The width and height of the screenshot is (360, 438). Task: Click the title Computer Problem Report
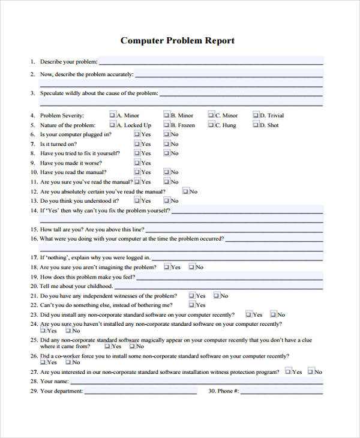[x=178, y=41]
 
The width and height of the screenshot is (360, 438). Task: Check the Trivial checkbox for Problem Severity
[x=256, y=115]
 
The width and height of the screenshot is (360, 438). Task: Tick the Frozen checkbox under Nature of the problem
[x=166, y=125]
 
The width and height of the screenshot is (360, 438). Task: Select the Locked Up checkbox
[x=112, y=125]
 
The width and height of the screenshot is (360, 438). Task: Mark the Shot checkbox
[x=256, y=125]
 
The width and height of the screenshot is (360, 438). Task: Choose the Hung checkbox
[x=211, y=125]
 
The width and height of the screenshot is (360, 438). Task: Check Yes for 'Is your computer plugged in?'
[x=137, y=134]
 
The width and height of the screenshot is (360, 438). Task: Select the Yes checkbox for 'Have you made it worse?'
[x=137, y=163]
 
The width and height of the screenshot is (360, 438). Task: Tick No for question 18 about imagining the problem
[x=192, y=267]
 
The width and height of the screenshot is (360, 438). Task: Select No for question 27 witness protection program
[x=310, y=372]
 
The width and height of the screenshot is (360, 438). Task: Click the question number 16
[x=33, y=238]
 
